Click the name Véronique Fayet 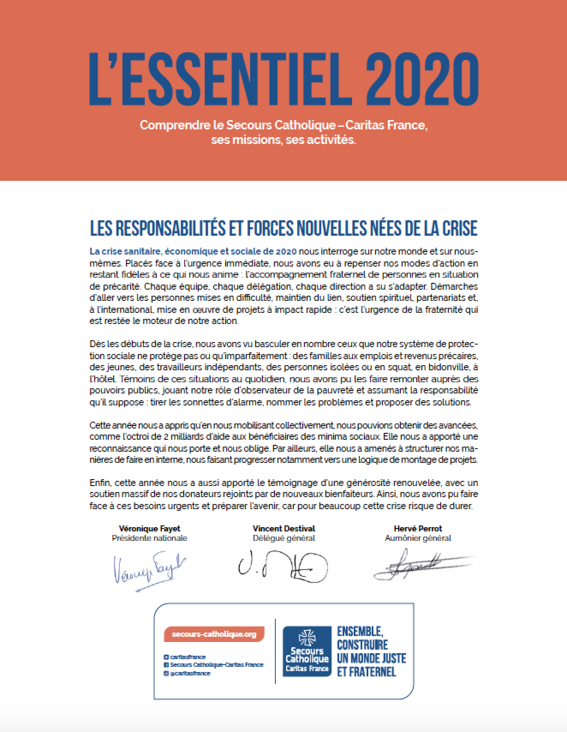tap(149, 528)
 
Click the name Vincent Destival tap(283, 528)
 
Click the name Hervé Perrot tap(418, 528)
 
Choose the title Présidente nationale tap(149, 538)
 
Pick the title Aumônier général tap(418, 538)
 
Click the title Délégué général tap(283, 538)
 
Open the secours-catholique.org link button tap(214, 634)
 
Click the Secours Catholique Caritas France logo tap(307, 651)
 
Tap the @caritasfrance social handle tap(190, 673)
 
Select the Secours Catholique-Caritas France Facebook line tap(216, 665)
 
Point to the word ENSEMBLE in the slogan tap(359, 631)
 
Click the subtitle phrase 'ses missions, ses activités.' tap(283, 140)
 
